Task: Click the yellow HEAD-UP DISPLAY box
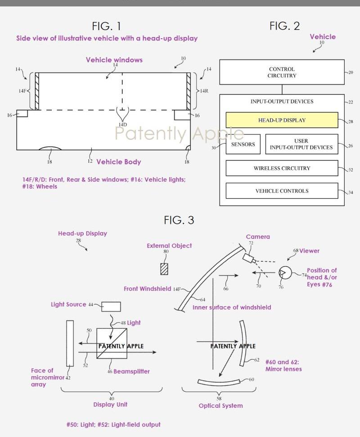[282, 120]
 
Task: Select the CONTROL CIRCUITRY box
[282, 72]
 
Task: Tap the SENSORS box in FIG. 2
[243, 144]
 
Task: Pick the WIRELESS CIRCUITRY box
[282, 168]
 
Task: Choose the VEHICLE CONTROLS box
[282, 191]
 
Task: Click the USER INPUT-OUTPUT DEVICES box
[301, 144]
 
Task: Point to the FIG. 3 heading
[179, 220]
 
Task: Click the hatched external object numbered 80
[164, 269]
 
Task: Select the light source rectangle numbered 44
[111, 307]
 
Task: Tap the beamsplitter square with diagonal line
[112, 343]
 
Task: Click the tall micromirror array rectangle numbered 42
[70, 343]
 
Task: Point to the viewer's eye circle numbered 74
[285, 272]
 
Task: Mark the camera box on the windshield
[249, 259]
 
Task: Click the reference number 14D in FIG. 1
[123, 125]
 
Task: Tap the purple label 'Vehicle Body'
[118, 162]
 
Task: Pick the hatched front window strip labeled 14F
[37, 91]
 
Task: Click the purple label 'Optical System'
[220, 406]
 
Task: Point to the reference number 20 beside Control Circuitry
[351, 72]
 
